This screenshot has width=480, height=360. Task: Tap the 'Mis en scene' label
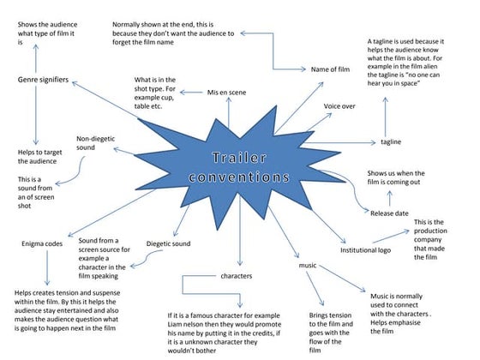(x=228, y=91)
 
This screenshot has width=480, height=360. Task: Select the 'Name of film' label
(x=331, y=69)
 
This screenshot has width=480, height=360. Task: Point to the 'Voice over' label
(x=339, y=105)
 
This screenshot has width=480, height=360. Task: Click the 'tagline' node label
(x=391, y=141)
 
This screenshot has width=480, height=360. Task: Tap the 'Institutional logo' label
(x=366, y=250)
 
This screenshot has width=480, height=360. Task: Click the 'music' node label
(x=308, y=267)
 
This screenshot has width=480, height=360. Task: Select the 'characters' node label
(x=237, y=276)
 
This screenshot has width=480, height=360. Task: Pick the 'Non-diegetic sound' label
(x=96, y=143)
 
